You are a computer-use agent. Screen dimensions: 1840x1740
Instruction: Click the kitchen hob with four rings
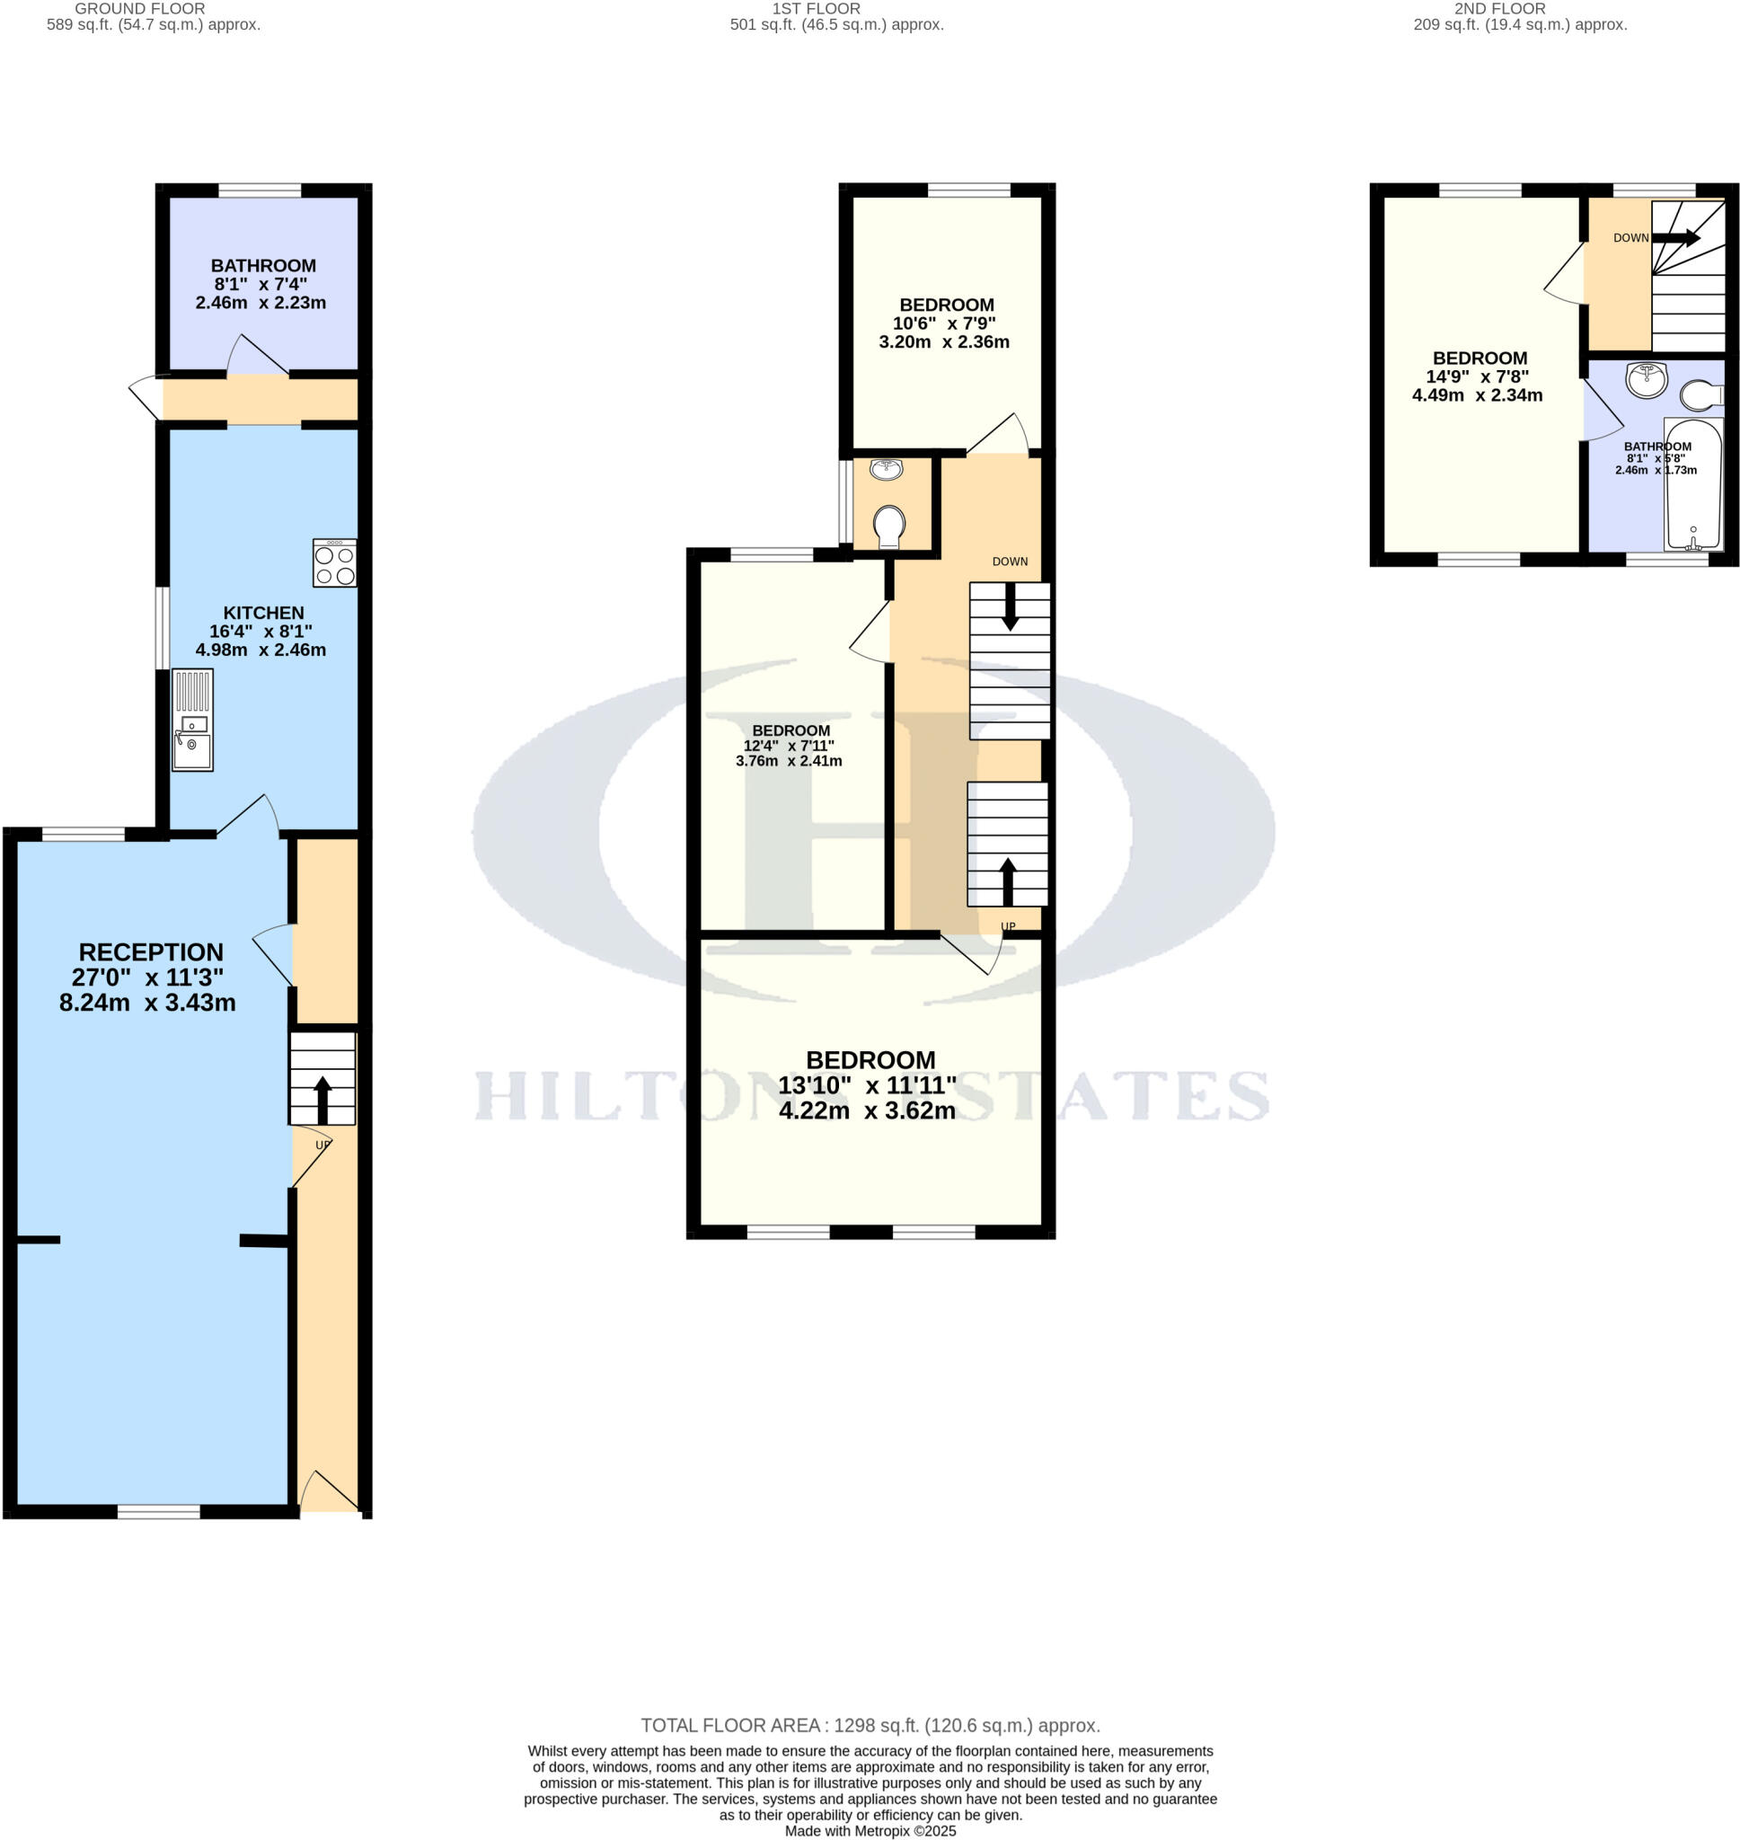pyautogui.click(x=334, y=563)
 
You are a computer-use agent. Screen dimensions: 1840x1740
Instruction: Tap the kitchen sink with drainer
pyautogui.click(x=193, y=720)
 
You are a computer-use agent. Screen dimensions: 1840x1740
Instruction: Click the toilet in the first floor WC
pyautogui.click(x=888, y=526)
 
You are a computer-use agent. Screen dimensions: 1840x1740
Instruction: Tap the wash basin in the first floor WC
pyautogui.click(x=886, y=469)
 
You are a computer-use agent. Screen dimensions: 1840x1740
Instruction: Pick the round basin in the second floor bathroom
pyautogui.click(x=1647, y=379)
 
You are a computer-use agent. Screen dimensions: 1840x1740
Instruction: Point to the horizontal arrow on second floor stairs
pyautogui.click(x=1676, y=238)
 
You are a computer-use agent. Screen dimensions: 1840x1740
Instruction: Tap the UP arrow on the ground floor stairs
pyautogui.click(x=322, y=1099)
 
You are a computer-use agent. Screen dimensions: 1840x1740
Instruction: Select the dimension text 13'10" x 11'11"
pyautogui.click(x=867, y=1085)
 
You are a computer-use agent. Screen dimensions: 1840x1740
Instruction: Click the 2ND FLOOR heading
pyautogui.click(x=1500, y=8)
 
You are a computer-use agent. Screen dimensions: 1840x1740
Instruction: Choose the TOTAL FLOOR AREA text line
pyautogui.click(x=870, y=1726)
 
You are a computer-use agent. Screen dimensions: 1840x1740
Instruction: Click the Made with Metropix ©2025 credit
pyautogui.click(x=870, y=1831)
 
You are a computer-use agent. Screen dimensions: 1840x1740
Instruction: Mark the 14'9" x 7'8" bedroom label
pyautogui.click(x=1478, y=376)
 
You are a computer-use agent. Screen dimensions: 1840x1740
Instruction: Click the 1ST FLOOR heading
pyautogui.click(x=817, y=8)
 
